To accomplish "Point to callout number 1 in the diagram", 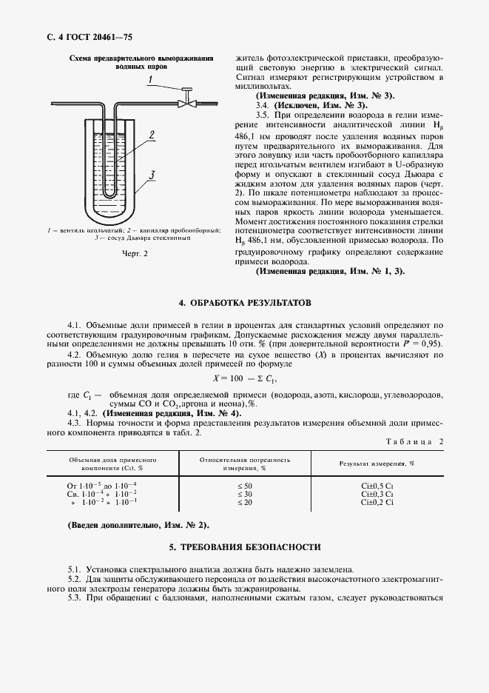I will point(150,78).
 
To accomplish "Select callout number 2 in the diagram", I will point(151,135).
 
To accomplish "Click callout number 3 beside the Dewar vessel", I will point(151,175).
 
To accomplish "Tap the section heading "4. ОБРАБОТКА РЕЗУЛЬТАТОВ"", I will point(245,304).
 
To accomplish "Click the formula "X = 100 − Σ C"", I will point(243,378).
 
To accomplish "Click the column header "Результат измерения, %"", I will point(377,463).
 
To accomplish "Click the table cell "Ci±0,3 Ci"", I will point(377,493).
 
